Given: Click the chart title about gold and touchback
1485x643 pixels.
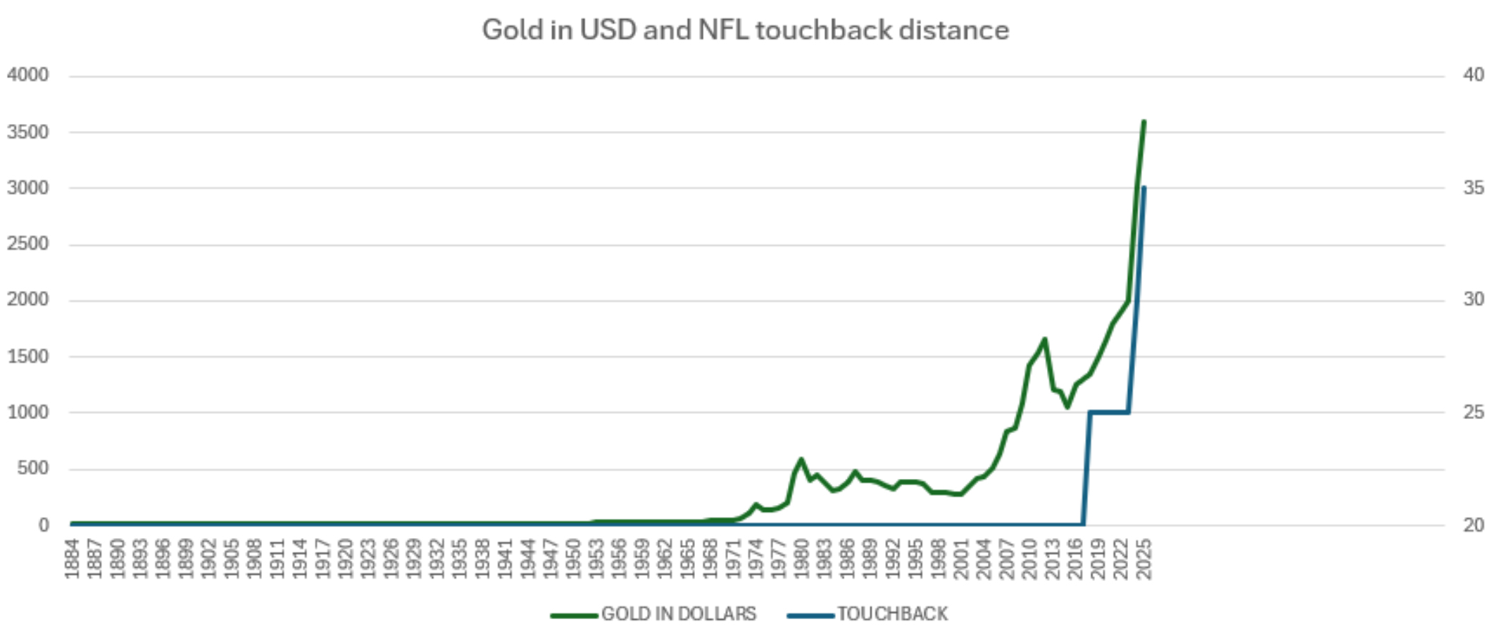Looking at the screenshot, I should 745,30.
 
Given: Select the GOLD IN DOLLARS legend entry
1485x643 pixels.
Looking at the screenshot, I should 678,614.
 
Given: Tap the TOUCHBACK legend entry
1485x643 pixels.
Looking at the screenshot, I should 892,614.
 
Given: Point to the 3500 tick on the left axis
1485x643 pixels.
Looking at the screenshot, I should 28,132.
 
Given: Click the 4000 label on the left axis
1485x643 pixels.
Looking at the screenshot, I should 28,75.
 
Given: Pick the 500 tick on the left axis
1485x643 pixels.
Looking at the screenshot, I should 33,468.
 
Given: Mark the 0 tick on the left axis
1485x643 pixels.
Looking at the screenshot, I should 44,525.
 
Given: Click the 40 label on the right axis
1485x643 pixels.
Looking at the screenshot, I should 1473,75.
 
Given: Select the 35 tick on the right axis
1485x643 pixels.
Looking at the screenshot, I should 1473,188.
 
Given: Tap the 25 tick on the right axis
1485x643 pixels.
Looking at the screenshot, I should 1473,412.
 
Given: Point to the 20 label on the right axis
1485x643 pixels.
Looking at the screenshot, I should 1473,525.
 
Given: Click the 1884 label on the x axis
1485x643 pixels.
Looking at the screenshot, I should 73,559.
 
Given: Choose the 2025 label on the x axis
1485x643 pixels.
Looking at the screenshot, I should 1145,559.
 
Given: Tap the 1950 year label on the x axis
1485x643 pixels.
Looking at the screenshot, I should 574,559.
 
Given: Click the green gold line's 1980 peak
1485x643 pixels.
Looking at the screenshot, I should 801,459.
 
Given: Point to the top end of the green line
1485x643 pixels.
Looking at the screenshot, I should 1144,122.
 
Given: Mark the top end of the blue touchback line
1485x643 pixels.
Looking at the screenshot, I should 1144,187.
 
